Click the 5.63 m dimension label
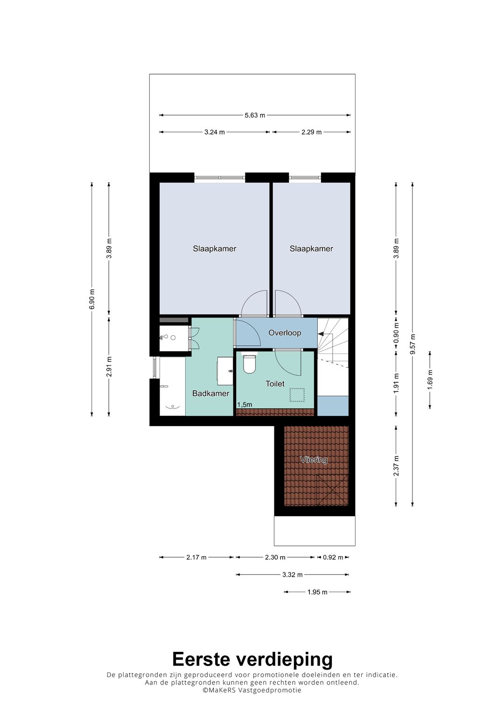pyautogui.click(x=254, y=115)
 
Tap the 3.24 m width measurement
pyautogui.click(x=215, y=132)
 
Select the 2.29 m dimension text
pyautogui.click(x=311, y=132)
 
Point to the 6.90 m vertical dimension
pyautogui.click(x=91, y=299)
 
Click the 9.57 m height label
pyautogui.click(x=413, y=344)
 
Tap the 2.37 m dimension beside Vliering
pyautogui.click(x=396, y=466)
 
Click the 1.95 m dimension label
pyautogui.click(x=317, y=592)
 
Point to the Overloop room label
pyautogui.click(x=285, y=333)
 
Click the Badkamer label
pyautogui.click(x=210, y=394)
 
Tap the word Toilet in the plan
pyautogui.click(x=275, y=384)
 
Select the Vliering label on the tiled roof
pyautogui.click(x=314, y=459)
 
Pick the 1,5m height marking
pyautogui.click(x=245, y=405)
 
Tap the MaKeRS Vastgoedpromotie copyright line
pyautogui.click(x=252, y=690)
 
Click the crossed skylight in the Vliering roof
pyautogui.click(x=332, y=490)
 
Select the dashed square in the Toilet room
pyautogui.click(x=297, y=395)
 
